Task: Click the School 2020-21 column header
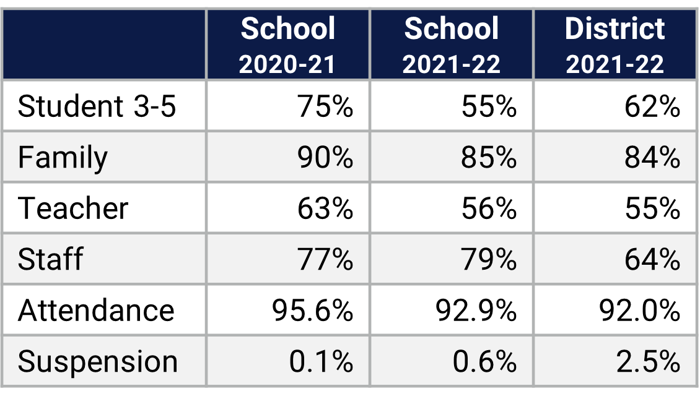click(x=288, y=45)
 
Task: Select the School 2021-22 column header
click(x=451, y=45)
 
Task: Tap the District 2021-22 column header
click(x=615, y=45)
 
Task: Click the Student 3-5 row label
click(x=97, y=106)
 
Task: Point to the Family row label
click(x=63, y=157)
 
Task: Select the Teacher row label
click(x=73, y=208)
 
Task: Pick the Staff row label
click(x=50, y=259)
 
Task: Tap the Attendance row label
click(x=96, y=310)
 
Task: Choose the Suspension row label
click(x=98, y=361)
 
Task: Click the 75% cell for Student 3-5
click(x=325, y=106)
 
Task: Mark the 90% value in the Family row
click(x=325, y=157)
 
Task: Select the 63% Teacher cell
click(x=325, y=208)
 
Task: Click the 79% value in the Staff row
click(x=489, y=259)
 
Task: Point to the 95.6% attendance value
click(x=313, y=310)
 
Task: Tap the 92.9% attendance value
click(x=476, y=310)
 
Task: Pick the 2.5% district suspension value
click(x=648, y=361)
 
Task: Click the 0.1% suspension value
click(x=321, y=361)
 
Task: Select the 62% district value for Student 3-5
click(x=652, y=106)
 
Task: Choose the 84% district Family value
click(x=652, y=157)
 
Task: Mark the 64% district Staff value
click(x=652, y=259)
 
